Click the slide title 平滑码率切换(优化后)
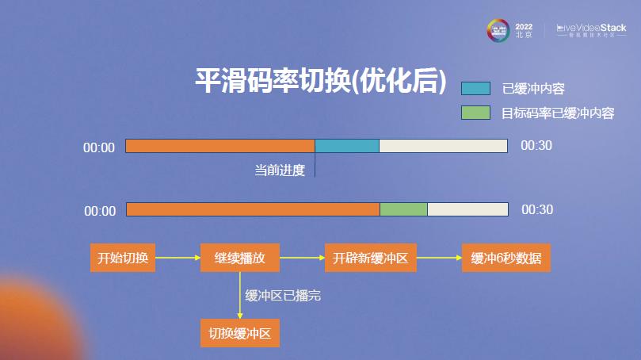(x=322, y=82)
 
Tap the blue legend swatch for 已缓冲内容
(x=475, y=88)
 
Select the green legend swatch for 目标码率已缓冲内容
(x=475, y=113)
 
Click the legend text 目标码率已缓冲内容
(x=558, y=113)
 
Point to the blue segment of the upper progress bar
(x=347, y=146)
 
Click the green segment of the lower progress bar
(x=403, y=209)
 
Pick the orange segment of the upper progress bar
(x=220, y=146)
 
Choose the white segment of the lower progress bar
(x=467, y=209)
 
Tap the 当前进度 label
(x=279, y=170)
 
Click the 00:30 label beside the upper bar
(x=536, y=146)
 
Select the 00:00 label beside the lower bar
(x=100, y=211)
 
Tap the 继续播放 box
(x=239, y=258)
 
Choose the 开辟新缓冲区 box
(x=370, y=258)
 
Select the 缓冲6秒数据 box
(x=506, y=258)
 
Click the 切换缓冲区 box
(x=239, y=333)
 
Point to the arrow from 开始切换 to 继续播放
(x=178, y=258)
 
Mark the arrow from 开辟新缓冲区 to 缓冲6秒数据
(x=439, y=258)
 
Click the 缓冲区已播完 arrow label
(x=283, y=296)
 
